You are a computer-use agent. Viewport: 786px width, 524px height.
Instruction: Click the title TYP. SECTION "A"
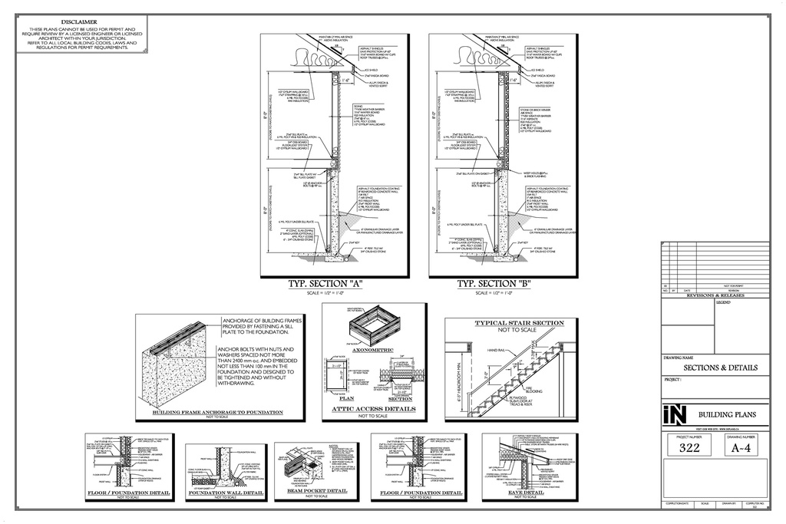(325, 285)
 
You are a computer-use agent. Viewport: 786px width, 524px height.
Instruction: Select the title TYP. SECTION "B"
(494, 285)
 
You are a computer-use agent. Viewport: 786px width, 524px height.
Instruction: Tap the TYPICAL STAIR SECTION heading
(519, 323)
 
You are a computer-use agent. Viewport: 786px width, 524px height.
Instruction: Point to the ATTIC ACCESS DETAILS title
(374, 409)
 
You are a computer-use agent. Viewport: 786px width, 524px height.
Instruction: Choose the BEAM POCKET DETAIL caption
(316, 490)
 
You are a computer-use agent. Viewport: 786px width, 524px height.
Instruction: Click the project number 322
(689, 448)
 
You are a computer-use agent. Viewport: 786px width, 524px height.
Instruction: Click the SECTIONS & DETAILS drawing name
(710, 367)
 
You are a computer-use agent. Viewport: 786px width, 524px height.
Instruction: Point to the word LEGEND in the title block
(724, 302)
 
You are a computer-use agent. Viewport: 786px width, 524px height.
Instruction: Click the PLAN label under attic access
(345, 399)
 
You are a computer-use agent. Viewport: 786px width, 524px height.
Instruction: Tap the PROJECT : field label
(673, 380)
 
